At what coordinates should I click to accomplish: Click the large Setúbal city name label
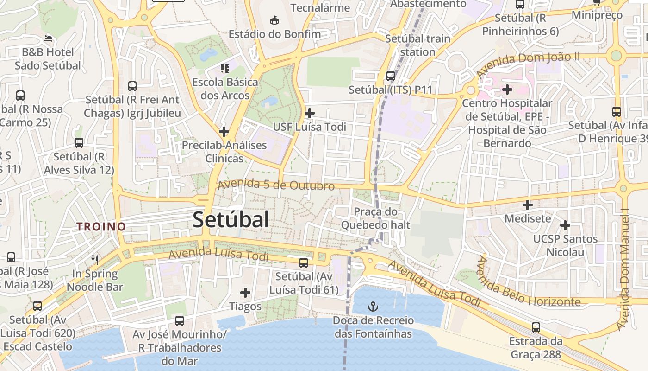[231, 219]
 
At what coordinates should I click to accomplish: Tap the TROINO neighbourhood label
[101, 227]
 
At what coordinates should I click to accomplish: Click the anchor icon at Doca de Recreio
[373, 307]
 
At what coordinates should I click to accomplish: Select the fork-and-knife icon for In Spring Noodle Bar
[95, 260]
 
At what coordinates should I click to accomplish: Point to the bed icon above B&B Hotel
[48, 38]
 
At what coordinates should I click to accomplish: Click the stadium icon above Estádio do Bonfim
[274, 20]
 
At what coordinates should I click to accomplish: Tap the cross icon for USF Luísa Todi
[310, 113]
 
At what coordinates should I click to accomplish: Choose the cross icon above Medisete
[528, 205]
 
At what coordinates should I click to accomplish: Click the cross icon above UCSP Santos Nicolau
[565, 225]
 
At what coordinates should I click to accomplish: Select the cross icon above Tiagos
[245, 293]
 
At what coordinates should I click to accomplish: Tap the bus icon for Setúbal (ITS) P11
[391, 76]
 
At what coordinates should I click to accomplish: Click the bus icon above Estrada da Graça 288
[536, 327]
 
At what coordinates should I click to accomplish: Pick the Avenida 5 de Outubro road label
[276, 185]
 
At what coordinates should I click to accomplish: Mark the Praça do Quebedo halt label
[375, 218]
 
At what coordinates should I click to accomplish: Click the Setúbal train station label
[417, 45]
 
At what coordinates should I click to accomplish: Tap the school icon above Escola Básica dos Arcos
[225, 69]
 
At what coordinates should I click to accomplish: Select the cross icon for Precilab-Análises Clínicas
[224, 131]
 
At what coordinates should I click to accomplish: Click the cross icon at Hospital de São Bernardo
[507, 89]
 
